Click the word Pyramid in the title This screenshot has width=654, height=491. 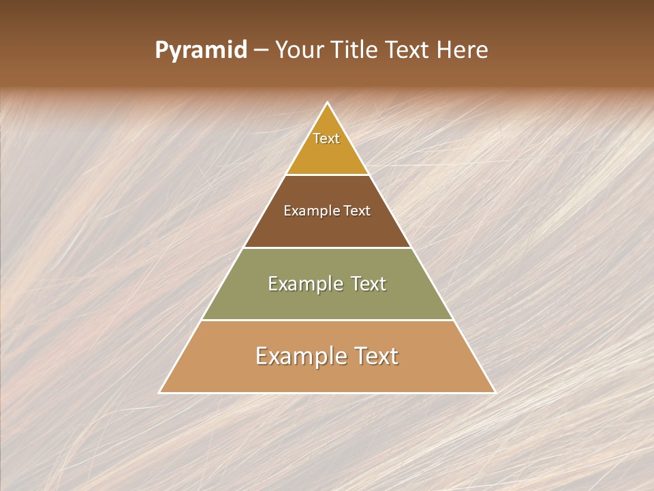point(201,50)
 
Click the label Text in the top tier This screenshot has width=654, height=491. point(326,138)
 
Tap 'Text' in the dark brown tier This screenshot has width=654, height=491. point(356,211)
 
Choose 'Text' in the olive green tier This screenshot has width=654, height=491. point(368,284)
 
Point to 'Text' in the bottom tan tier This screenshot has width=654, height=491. point(377,356)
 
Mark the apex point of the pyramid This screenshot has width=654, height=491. point(328,103)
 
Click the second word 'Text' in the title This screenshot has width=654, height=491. point(408,50)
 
